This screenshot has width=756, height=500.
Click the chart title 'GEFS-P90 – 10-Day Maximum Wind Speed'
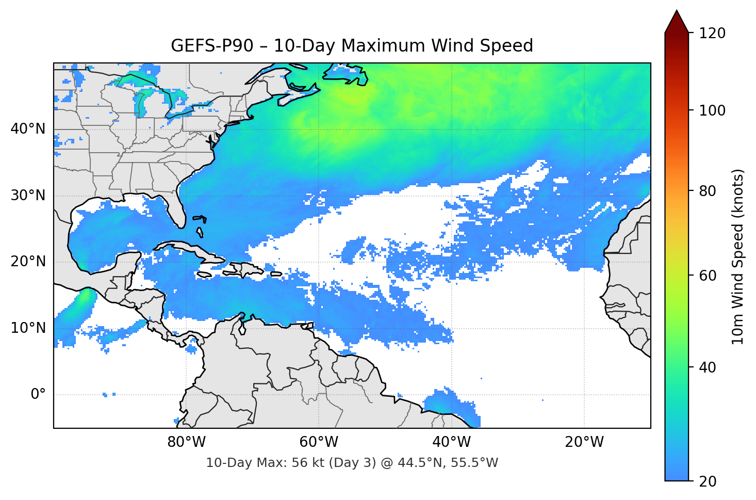[x=352, y=46]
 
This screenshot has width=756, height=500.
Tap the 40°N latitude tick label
[x=28, y=129]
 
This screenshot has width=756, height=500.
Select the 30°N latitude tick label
[x=28, y=196]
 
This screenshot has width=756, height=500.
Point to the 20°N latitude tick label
[x=28, y=262]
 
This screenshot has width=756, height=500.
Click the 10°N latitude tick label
[x=28, y=328]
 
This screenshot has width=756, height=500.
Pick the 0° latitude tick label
[x=38, y=395]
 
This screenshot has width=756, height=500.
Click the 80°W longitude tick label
[x=186, y=442]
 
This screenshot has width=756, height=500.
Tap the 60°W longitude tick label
[x=319, y=442]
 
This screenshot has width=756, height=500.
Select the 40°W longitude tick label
[x=451, y=442]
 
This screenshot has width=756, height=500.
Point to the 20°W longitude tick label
[x=584, y=442]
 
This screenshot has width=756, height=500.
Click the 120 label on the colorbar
[x=712, y=33]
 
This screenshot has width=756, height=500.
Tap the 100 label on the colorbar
[x=712, y=110]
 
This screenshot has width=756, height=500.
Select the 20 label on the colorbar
[x=708, y=481]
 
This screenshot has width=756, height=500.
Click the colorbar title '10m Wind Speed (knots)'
[x=738, y=256]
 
